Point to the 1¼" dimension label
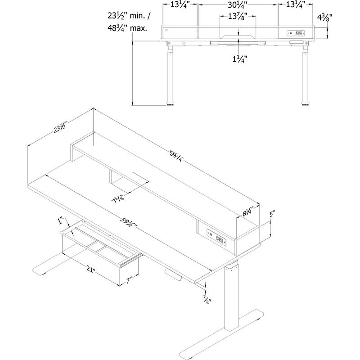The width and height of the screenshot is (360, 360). [x=238, y=58]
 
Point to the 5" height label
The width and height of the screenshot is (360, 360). [x=272, y=215]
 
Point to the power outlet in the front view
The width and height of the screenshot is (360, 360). [x=296, y=33]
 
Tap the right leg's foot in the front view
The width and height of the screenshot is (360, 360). [x=305, y=104]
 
